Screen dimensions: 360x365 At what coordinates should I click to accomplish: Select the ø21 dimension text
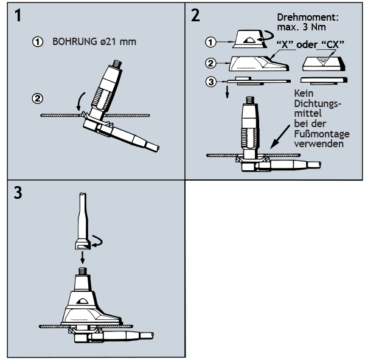(111, 43)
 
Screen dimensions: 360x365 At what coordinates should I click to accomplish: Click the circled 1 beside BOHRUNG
(38, 43)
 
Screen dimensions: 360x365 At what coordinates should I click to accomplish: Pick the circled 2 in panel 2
(211, 62)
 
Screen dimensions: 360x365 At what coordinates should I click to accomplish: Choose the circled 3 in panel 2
(211, 81)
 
